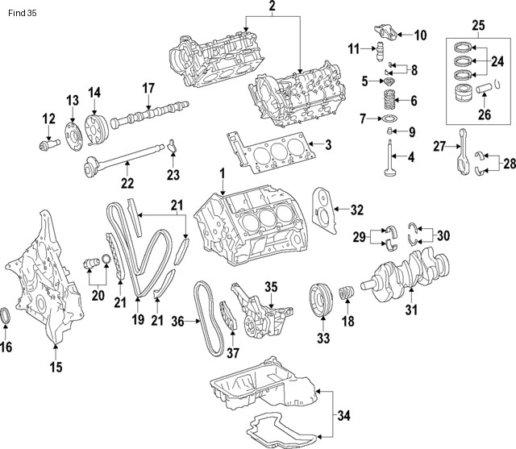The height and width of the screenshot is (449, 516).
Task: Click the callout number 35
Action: tap(271, 286)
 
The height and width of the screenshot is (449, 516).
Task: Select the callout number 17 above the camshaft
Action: tap(148, 87)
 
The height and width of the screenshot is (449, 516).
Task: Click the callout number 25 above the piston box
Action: tap(478, 27)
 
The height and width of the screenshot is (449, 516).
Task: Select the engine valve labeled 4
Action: tap(391, 161)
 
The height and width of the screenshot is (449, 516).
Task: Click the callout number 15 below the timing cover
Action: tap(55, 369)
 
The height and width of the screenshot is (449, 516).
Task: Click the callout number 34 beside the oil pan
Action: tap(343, 417)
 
